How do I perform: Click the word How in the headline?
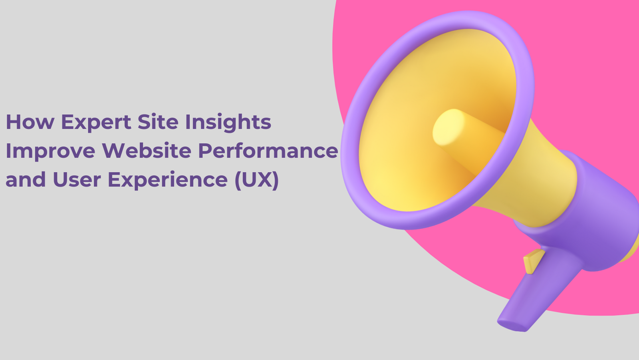tap(30, 122)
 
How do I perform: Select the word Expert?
tap(96, 123)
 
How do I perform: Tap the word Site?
tap(158, 121)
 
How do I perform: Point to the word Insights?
tap(228, 123)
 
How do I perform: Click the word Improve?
tap(50, 151)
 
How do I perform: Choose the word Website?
tap(147, 150)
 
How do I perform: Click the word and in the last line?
tap(26, 179)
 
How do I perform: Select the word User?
tap(77, 179)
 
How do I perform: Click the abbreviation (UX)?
tap(256, 180)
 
